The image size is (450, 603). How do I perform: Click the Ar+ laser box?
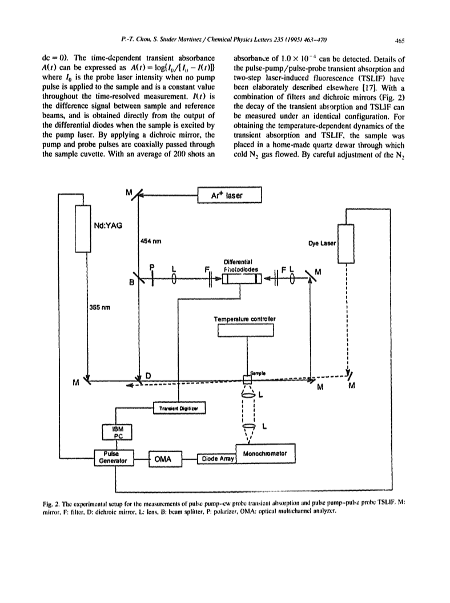[229, 195]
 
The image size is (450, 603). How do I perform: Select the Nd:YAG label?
[108, 226]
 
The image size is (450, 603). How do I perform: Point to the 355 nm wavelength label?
[99, 307]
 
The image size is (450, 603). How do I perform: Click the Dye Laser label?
[322, 243]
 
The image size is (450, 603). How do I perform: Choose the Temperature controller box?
[246, 331]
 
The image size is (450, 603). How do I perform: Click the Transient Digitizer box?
[179, 408]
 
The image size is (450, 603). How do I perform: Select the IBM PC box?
[118, 432]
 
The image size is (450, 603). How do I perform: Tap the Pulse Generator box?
[114, 457]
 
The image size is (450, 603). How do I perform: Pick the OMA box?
[166, 459]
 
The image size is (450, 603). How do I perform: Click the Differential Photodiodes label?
[241, 266]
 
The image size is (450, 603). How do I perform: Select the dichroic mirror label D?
[148, 375]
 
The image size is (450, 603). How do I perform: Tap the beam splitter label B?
[131, 283]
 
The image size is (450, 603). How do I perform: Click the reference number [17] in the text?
[364, 88]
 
